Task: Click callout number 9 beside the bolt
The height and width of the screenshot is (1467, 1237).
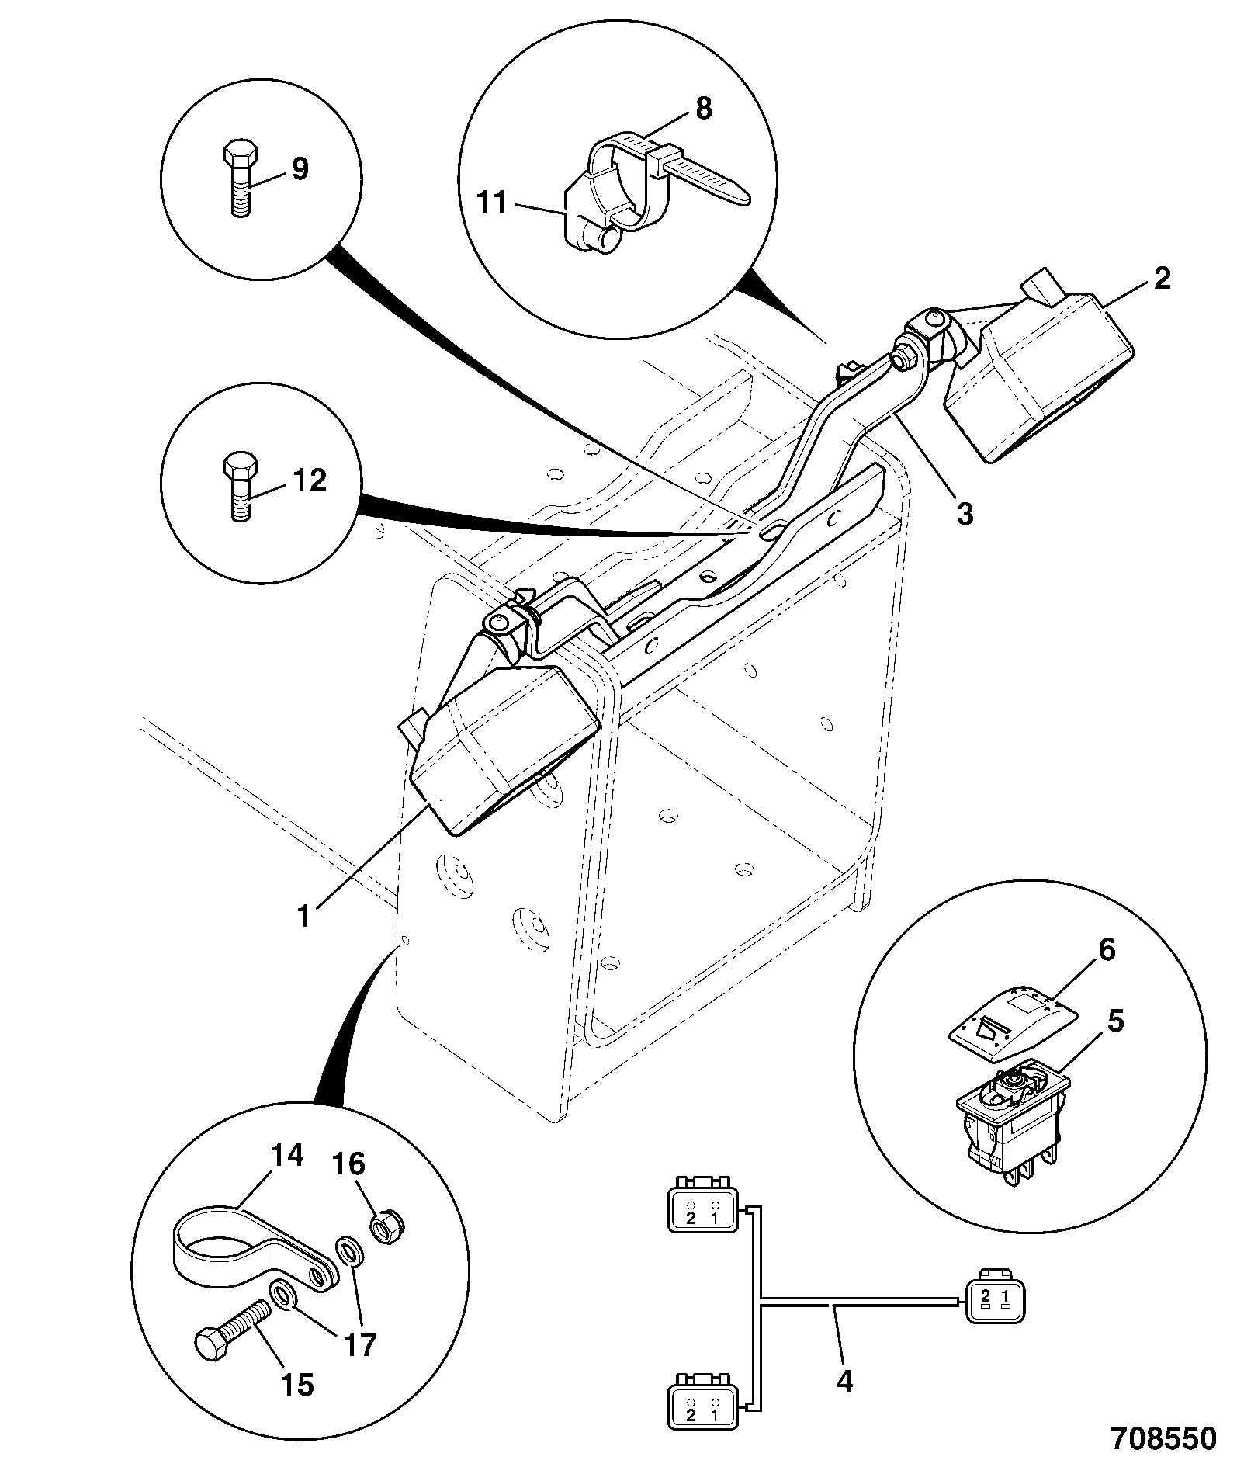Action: pos(299,168)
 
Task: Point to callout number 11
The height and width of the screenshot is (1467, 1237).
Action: pos(493,204)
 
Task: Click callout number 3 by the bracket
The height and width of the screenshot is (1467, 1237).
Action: pos(964,513)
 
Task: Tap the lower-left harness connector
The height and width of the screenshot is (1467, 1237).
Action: pos(701,1398)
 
